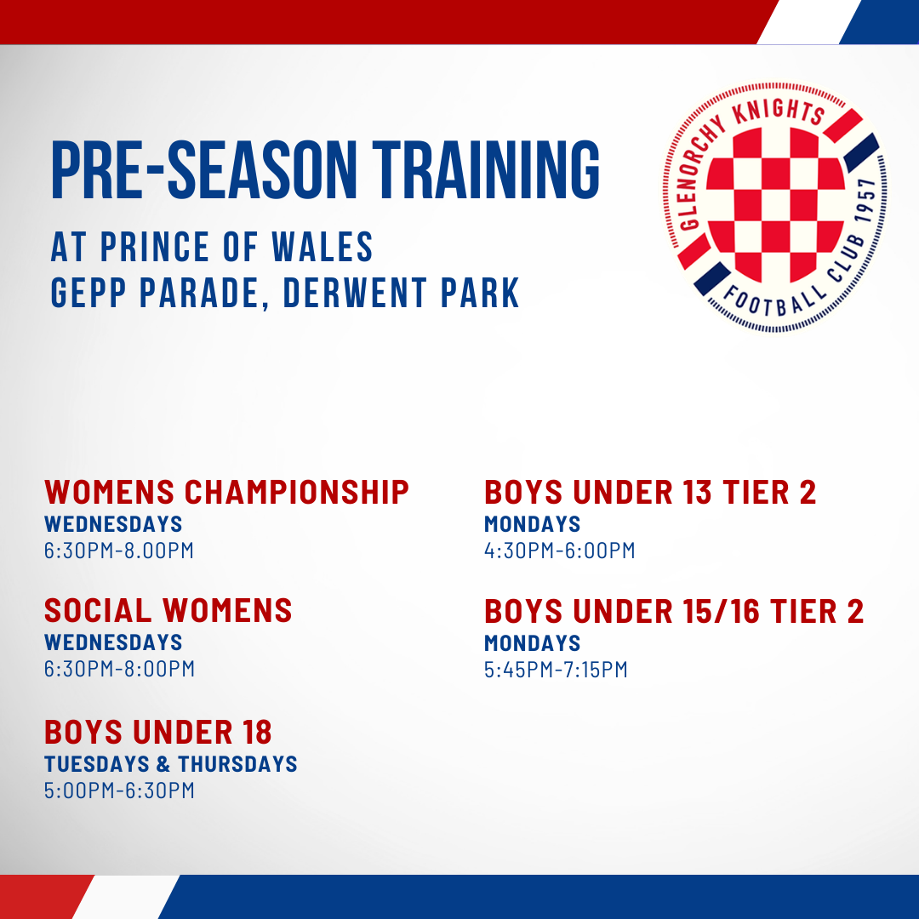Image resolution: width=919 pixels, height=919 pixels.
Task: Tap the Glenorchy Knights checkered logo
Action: (x=772, y=212)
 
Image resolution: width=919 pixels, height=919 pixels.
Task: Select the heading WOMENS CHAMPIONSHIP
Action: (x=227, y=492)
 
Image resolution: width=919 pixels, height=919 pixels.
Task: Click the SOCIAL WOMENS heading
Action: (x=168, y=610)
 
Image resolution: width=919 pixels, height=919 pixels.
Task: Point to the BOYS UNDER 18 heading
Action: (x=158, y=732)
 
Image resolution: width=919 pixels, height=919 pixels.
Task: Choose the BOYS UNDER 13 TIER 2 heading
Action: (x=650, y=492)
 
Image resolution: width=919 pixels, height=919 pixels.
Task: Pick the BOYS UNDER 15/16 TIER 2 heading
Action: (x=674, y=611)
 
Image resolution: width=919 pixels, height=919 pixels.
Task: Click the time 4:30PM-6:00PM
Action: (x=560, y=551)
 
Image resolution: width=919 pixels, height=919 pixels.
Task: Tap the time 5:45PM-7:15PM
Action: (x=556, y=670)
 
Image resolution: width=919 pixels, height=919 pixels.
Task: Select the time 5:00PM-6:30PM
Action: (x=119, y=791)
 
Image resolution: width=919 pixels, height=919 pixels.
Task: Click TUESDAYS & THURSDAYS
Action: (x=171, y=763)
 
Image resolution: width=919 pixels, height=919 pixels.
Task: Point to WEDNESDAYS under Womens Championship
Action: (x=113, y=523)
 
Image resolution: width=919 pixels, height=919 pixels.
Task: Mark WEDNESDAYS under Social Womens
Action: (x=113, y=642)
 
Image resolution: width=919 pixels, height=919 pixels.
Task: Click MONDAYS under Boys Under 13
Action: (x=533, y=523)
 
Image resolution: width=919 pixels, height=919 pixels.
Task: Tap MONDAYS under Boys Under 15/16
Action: (x=533, y=642)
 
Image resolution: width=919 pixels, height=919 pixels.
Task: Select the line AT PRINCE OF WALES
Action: (x=213, y=247)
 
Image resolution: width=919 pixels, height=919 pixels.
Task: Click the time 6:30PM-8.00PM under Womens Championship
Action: (x=119, y=551)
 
